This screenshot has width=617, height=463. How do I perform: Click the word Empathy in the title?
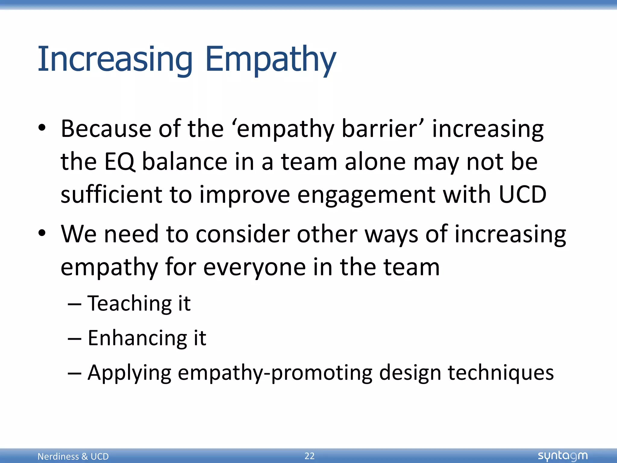coord(270,59)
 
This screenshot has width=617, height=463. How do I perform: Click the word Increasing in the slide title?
coord(115,59)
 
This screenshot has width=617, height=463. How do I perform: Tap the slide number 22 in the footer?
coord(309,456)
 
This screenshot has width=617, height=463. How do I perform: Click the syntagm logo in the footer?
coord(562,456)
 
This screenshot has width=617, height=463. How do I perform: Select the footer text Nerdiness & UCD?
coord(73,456)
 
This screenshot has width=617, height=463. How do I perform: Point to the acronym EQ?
coord(120,162)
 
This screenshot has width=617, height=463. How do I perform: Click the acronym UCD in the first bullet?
coord(522,194)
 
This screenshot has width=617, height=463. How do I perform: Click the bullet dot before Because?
coord(42,128)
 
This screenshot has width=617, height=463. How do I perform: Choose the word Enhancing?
coord(137,338)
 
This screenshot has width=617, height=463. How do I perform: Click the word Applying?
coord(130,373)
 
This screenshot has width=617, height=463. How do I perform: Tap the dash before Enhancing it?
coord(74,339)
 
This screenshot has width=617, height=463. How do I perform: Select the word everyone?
coord(255,267)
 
